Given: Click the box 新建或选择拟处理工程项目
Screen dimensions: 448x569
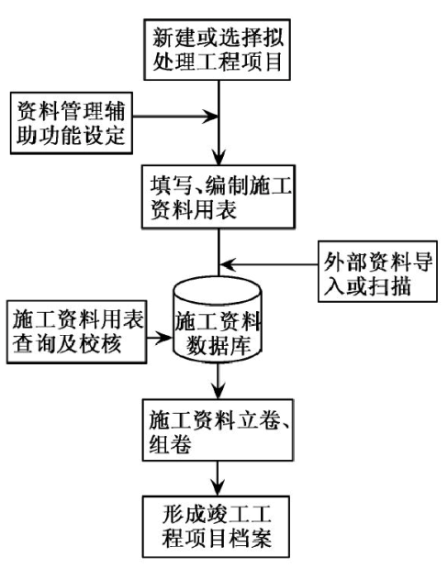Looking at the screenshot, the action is [217, 50].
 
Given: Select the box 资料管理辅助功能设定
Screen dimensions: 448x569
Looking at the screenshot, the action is [72, 123].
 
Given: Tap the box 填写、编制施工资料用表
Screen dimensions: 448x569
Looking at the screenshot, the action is [218, 196].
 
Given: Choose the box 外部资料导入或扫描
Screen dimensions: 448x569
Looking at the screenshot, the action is [377, 272].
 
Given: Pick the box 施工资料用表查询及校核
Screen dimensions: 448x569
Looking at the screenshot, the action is [76, 331].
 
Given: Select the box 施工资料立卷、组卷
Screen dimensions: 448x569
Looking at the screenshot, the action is [218, 430].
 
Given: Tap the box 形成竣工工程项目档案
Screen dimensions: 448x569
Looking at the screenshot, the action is [216, 527].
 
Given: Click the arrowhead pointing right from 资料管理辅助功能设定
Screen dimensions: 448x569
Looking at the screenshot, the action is [210, 117].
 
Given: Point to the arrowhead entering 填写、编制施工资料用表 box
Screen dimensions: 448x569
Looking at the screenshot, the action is [218, 158].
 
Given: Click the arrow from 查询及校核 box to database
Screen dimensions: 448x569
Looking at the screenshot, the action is [160, 338].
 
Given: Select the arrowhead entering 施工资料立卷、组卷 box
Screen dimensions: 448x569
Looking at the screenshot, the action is [218, 391].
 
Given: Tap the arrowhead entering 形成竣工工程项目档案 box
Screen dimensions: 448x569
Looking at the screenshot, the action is [218, 487].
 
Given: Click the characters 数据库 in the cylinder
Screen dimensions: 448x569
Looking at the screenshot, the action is [218, 344].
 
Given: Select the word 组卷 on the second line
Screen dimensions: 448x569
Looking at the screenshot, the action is [171, 443].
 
